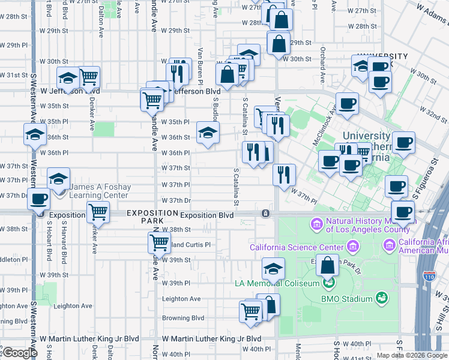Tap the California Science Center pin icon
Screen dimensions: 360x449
352,246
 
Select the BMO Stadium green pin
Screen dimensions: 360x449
380,298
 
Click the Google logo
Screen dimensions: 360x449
19,353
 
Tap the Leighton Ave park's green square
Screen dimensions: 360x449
50,293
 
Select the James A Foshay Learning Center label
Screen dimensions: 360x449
99,191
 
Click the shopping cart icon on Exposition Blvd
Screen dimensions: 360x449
98,212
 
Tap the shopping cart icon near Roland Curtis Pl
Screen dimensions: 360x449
159,242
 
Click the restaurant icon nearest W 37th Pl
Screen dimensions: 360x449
284,175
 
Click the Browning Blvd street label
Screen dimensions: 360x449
183,318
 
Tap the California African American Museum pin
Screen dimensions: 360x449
389,245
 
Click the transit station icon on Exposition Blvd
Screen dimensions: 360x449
265,214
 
